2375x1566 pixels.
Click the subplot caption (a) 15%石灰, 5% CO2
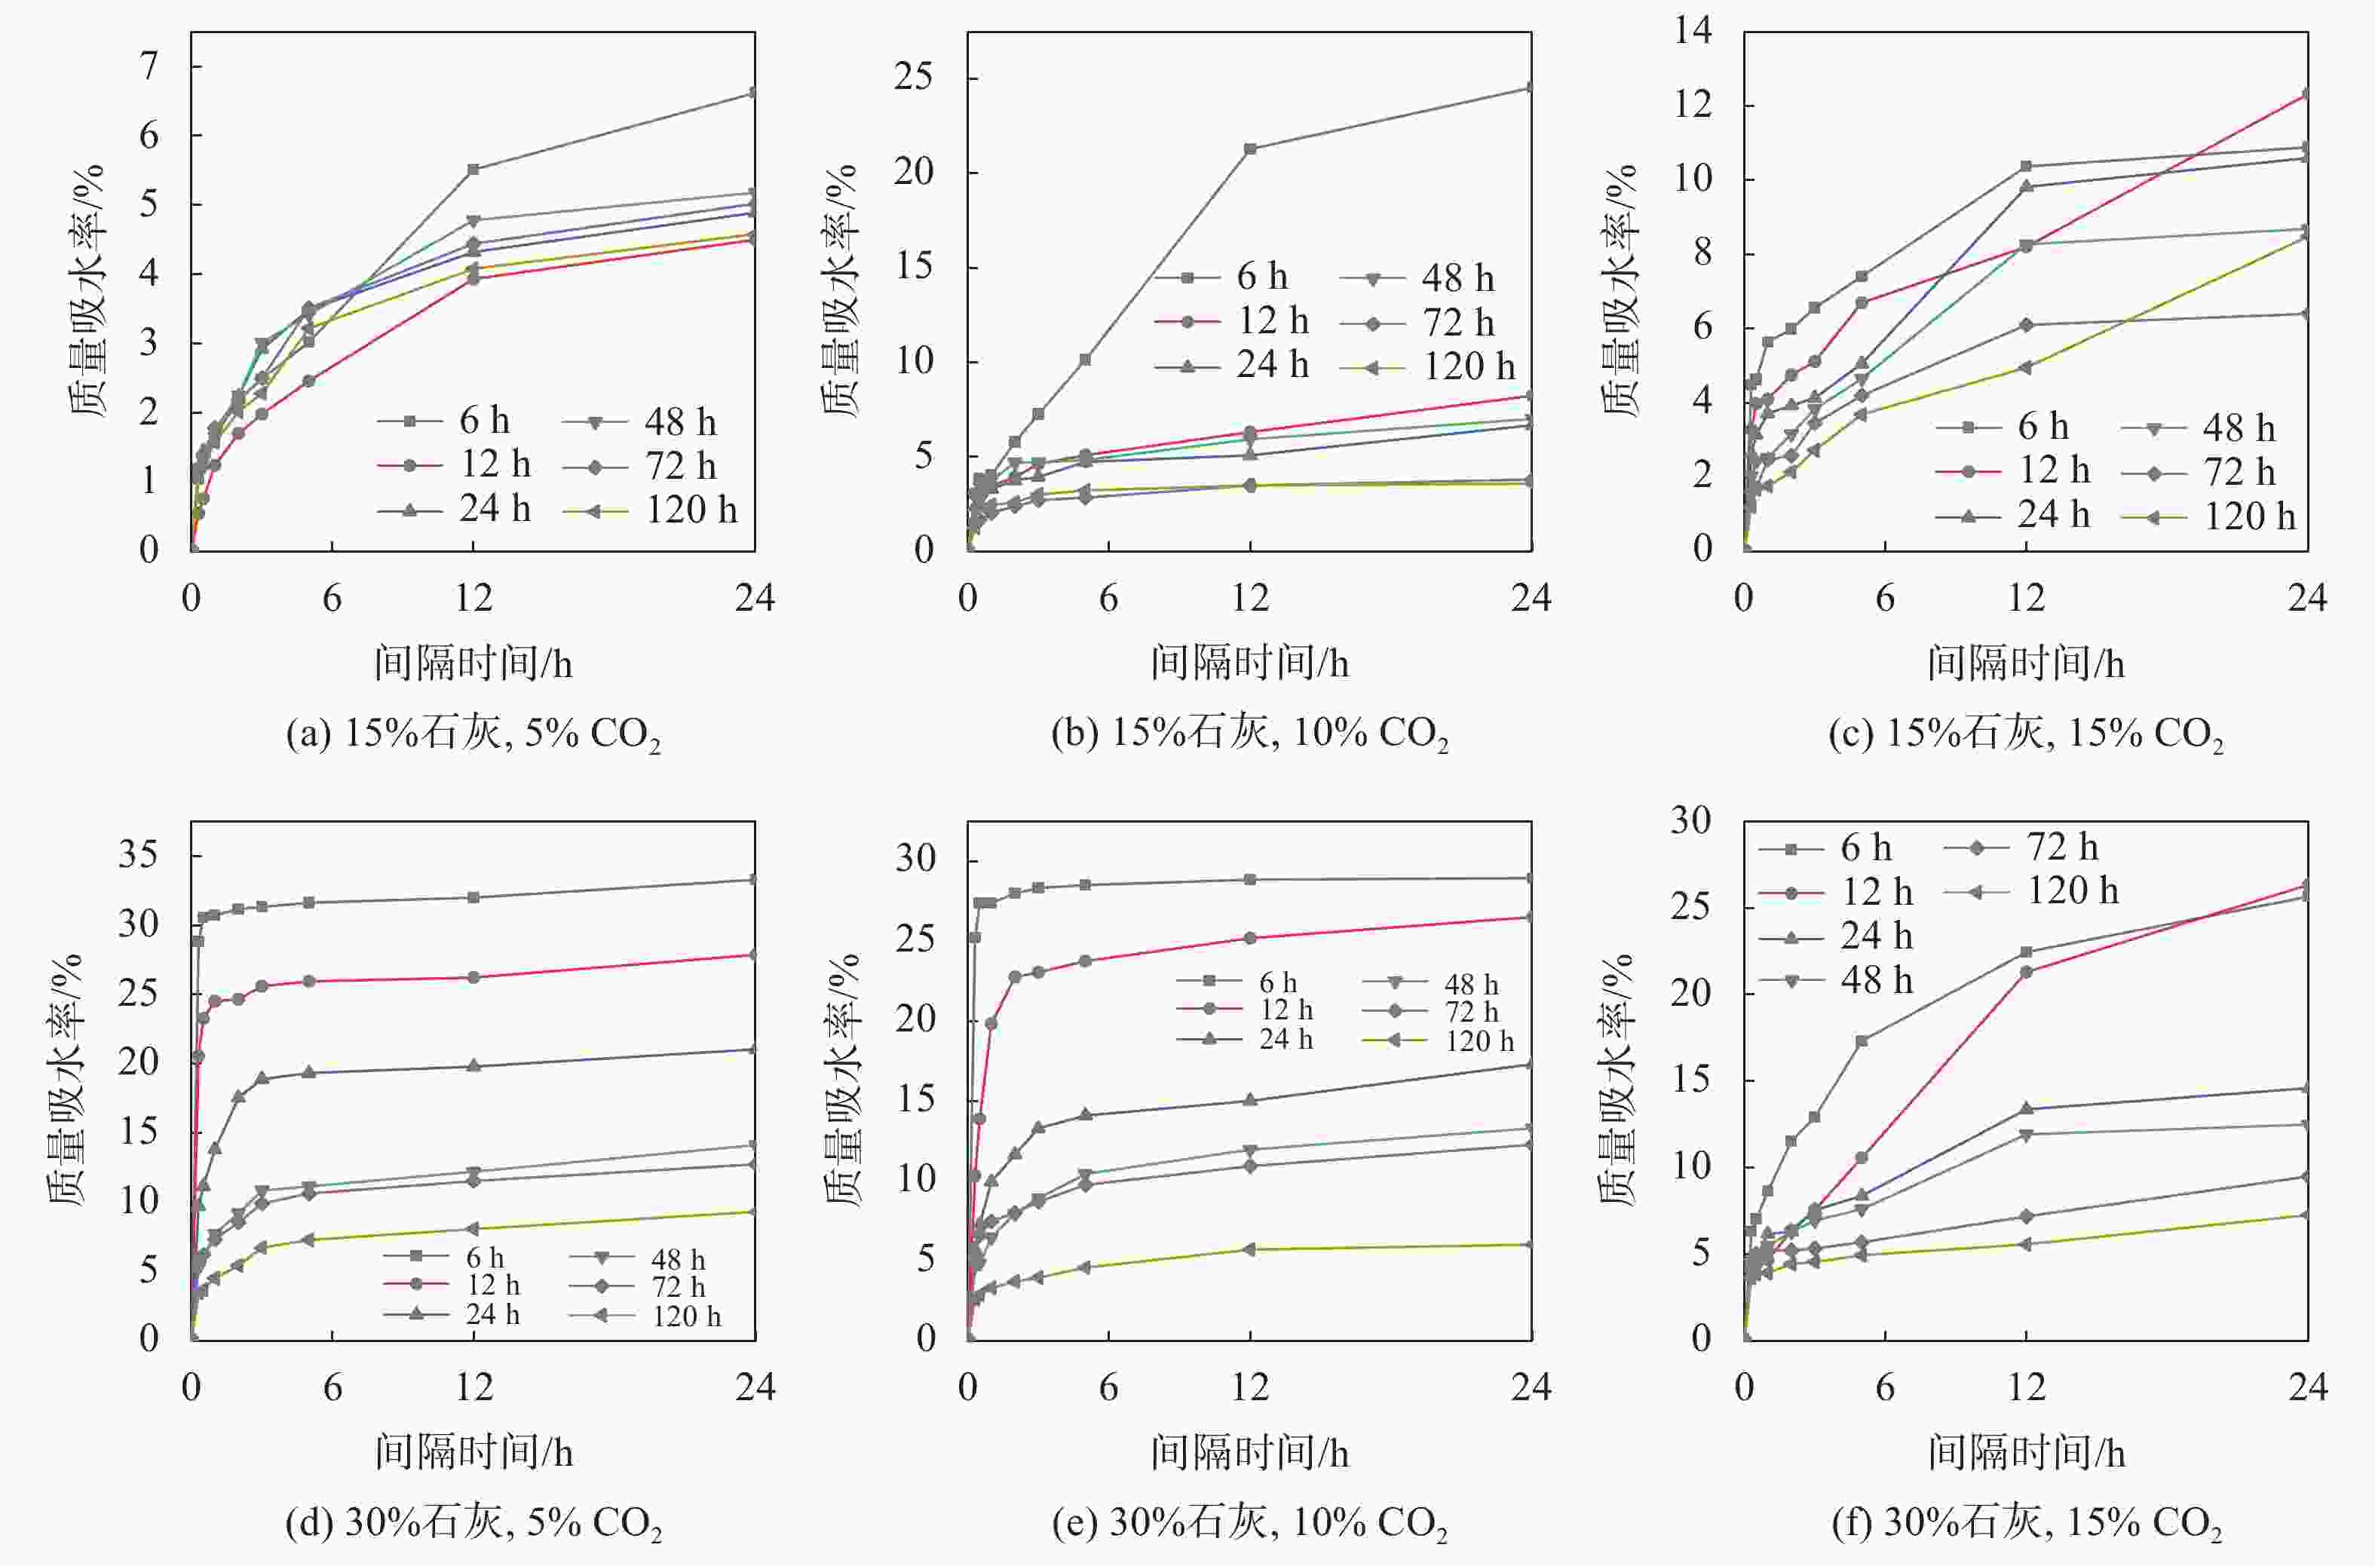[x=473, y=734]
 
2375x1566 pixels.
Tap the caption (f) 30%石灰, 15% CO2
[x=2027, y=1522]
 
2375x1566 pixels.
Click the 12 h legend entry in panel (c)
[x=2013, y=470]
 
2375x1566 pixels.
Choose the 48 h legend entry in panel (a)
[x=640, y=421]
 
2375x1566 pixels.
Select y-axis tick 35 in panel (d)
[x=139, y=855]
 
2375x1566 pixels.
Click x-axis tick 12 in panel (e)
[x=1249, y=1387]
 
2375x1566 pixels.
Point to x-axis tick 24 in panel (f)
[x=2307, y=1387]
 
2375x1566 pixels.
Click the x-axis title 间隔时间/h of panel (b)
[x=1249, y=663]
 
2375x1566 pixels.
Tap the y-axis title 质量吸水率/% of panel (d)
[x=66, y=1079]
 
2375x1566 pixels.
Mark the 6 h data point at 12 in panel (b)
[x=1249, y=149]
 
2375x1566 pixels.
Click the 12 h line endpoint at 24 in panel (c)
[x=2307, y=94]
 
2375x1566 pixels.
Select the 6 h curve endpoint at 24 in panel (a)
[x=754, y=93]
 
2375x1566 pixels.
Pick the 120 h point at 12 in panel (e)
[x=1249, y=1249]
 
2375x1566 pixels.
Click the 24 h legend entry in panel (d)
[x=452, y=1314]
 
